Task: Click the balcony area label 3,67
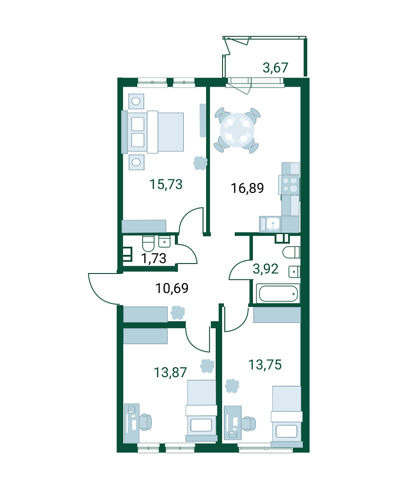pyautogui.click(x=275, y=67)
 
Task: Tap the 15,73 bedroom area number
pyautogui.click(x=166, y=184)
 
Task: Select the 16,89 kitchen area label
pyautogui.click(x=247, y=188)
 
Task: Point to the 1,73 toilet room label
pyautogui.click(x=154, y=258)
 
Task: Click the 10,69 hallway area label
pyautogui.click(x=172, y=288)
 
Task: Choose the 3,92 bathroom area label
pyautogui.click(x=265, y=269)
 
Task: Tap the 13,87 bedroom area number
pyautogui.click(x=170, y=372)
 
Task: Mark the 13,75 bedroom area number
pyautogui.click(x=265, y=364)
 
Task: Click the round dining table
pyautogui.click(x=237, y=130)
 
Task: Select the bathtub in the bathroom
pyautogui.click(x=278, y=293)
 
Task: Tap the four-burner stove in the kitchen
pyautogui.click(x=289, y=185)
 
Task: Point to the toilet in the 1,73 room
pyautogui.click(x=148, y=244)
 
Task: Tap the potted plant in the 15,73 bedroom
pyautogui.click(x=200, y=163)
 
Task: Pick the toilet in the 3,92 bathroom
pyautogui.click(x=291, y=252)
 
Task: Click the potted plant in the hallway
pyautogui.click(x=178, y=312)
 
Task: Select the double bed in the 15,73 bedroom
pyautogui.click(x=153, y=132)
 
